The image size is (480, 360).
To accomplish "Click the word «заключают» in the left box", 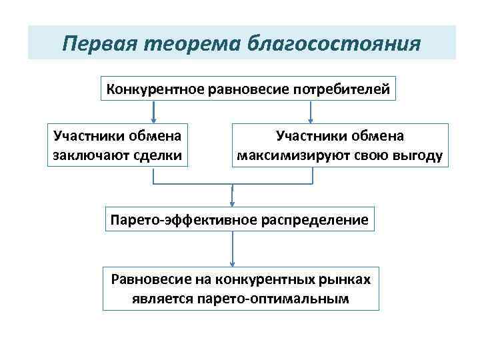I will pos(86,157).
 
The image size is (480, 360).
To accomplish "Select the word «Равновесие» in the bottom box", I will pos(149,279).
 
